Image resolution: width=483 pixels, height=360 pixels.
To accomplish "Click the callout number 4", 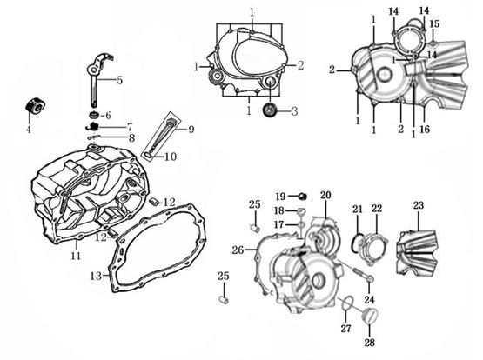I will pyautogui.click(x=28, y=130).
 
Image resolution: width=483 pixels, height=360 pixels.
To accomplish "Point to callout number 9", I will pyautogui.click(x=191, y=130).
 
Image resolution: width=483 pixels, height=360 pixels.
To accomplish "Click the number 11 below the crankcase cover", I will pyautogui.click(x=76, y=256).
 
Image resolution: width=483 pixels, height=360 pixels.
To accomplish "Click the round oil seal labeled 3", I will pyautogui.click(x=271, y=110).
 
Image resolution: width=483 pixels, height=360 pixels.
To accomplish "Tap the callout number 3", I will pyautogui.click(x=294, y=111).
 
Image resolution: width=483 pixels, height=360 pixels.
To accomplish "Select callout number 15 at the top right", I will pyautogui.click(x=434, y=23).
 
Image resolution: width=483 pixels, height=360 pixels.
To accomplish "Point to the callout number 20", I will pyautogui.click(x=325, y=194).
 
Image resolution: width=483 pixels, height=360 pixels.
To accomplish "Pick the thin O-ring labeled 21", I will pyautogui.click(x=357, y=238).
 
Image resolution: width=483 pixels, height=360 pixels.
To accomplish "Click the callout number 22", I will pyautogui.click(x=376, y=209).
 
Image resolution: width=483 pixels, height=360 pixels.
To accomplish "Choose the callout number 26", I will pyautogui.click(x=238, y=250).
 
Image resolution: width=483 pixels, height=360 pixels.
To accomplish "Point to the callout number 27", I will pyautogui.click(x=345, y=328).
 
